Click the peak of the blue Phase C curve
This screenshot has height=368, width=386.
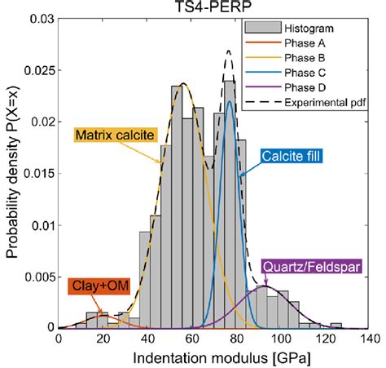(230, 101)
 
